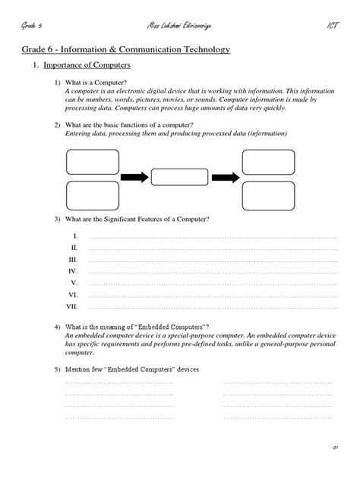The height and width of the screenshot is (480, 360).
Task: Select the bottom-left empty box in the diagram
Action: [92, 194]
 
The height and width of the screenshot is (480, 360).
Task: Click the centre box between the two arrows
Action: [179, 177]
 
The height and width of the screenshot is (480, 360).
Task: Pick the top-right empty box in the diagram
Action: [268, 162]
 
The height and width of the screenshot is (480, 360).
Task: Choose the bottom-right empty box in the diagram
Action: [268, 195]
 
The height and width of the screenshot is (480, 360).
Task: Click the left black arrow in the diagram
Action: [134, 177]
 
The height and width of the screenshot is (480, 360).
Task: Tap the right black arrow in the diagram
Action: [225, 177]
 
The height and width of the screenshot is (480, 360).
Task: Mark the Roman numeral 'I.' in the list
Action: [75, 236]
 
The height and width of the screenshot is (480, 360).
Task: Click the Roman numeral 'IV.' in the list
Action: [73, 270]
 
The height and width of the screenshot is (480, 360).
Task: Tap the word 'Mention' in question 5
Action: [79, 368]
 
